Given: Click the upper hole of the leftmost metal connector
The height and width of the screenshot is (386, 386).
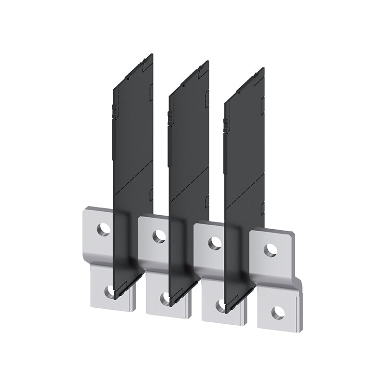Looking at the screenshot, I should coord(102,229).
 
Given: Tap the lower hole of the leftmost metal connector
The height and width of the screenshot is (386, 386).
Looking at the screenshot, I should coord(110,291).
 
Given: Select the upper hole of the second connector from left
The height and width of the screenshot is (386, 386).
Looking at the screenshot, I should coord(158,236).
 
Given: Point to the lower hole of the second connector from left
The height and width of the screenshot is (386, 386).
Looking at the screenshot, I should coord(165,298).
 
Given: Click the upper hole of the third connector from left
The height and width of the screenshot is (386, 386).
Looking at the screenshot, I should coord(214,243).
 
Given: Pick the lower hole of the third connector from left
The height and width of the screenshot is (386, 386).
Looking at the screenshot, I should coord(221,305).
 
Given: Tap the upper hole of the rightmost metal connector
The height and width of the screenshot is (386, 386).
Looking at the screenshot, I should coord(271,250).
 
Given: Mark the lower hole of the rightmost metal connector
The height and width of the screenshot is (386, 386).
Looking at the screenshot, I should coord(277,312).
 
